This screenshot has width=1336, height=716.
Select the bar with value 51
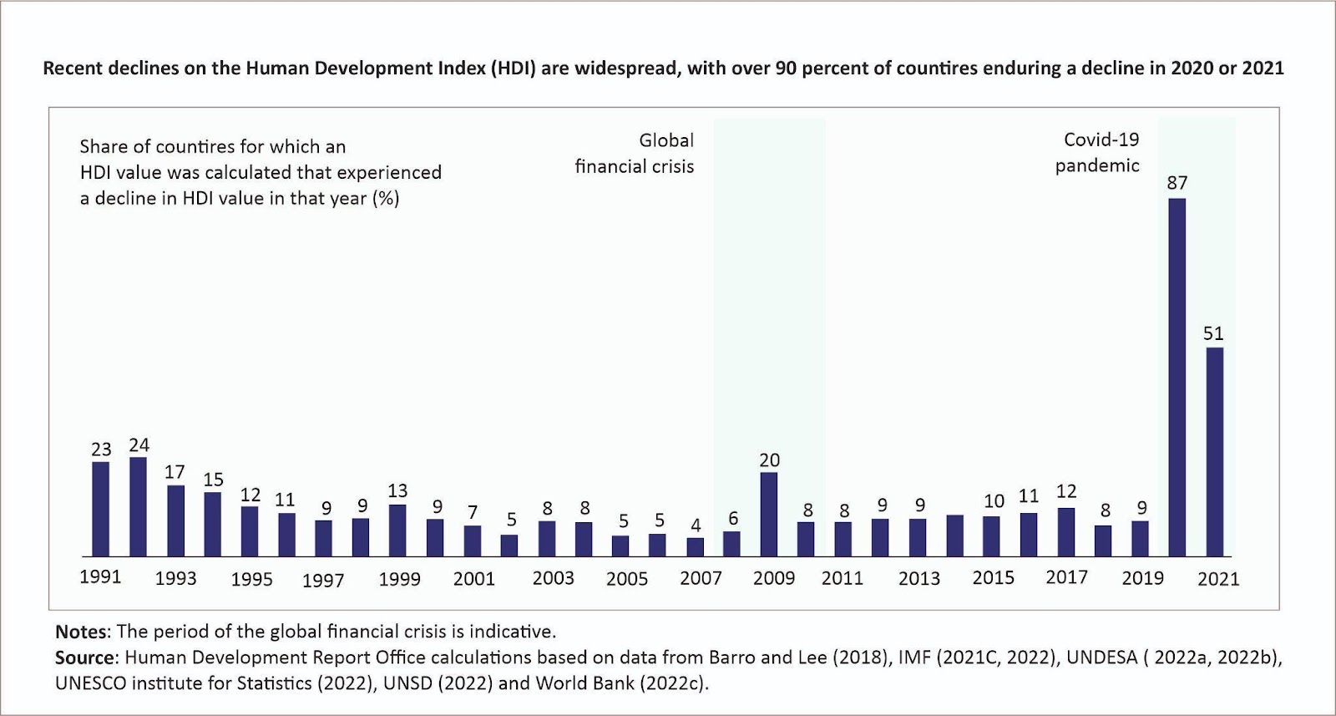[x=1214, y=451]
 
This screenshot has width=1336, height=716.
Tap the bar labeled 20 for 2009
[x=769, y=514]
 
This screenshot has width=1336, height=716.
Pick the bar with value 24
[x=138, y=506]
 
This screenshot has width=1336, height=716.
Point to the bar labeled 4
[x=695, y=546]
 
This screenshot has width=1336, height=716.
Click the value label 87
[x=1177, y=183]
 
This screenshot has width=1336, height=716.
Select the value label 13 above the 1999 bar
[x=397, y=491]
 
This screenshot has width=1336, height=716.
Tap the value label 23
[x=101, y=449]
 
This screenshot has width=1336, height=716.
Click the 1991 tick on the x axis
[x=100, y=577]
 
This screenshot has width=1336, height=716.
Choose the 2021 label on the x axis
[x=1218, y=579]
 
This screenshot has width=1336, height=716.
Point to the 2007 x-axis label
[x=701, y=578]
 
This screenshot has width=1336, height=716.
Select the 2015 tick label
[x=993, y=578]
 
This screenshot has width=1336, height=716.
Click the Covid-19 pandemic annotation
[x=1099, y=152]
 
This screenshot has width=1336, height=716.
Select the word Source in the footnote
[x=85, y=658]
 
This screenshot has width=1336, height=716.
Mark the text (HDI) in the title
[x=513, y=68]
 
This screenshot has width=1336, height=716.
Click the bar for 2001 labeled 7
[x=473, y=541]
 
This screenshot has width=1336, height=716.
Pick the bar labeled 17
[x=175, y=520]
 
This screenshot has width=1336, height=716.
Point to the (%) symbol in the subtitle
[x=386, y=199]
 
